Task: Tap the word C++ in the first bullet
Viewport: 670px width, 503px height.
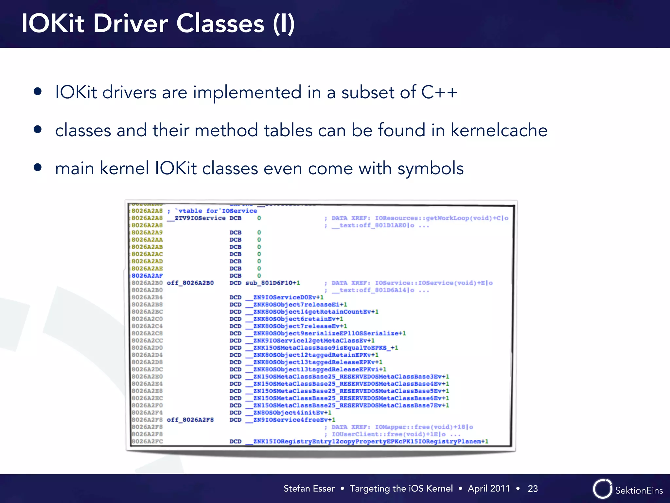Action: tap(439, 92)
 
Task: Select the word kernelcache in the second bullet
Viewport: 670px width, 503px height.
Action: tap(499, 130)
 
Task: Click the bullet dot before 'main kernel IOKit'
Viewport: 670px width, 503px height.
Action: tap(38, 168)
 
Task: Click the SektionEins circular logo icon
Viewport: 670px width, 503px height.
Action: tap(602, 489)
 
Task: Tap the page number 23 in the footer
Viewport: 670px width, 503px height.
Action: tap(533, 489)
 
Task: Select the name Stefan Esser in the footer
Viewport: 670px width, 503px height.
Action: tap(309, 489)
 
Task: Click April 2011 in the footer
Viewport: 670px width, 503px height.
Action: tap(489, 489)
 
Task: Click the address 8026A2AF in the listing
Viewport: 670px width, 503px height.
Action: tap(147, 276)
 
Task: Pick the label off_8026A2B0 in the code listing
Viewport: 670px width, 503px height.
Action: tap(190, 283)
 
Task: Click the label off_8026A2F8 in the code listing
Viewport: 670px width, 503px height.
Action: tap(190, 420)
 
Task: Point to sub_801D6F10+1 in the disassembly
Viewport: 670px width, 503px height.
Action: tap(273, 283)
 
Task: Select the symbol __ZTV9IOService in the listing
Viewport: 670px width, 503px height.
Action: tap(196, 218)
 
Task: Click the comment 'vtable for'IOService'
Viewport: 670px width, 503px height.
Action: tap(216, 211)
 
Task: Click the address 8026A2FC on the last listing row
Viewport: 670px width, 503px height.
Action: tap(147, 441)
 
